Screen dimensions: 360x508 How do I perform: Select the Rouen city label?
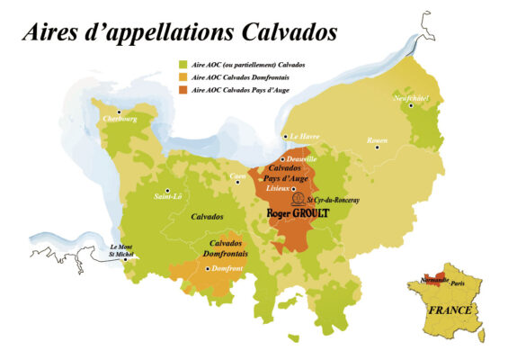(377, 141)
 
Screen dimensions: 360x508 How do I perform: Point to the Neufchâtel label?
(410, 97)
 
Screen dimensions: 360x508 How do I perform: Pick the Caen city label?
(237, 175)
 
